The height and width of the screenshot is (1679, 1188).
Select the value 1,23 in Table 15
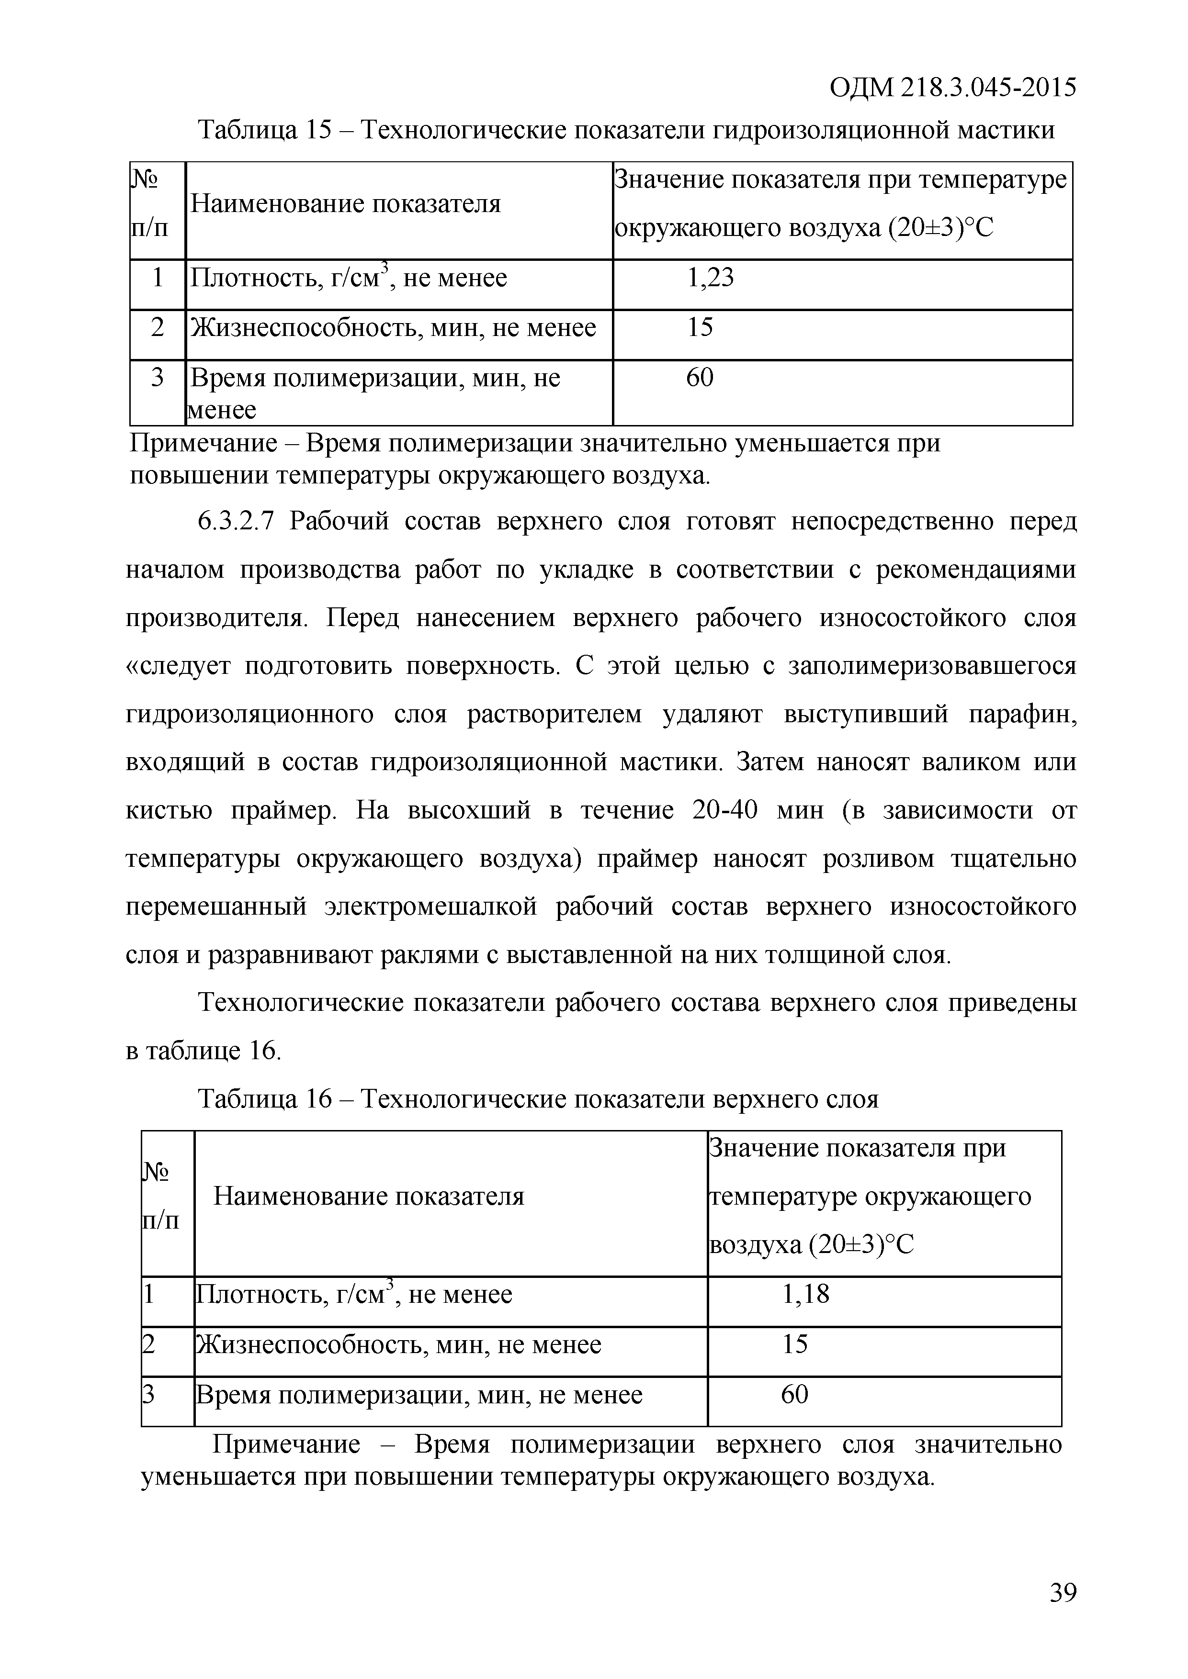coord(710,278)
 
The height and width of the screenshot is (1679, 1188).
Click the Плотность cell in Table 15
coord(348,279)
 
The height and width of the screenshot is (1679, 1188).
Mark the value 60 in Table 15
coord(699,377)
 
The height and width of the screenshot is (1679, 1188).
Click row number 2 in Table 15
coord(157,327)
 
